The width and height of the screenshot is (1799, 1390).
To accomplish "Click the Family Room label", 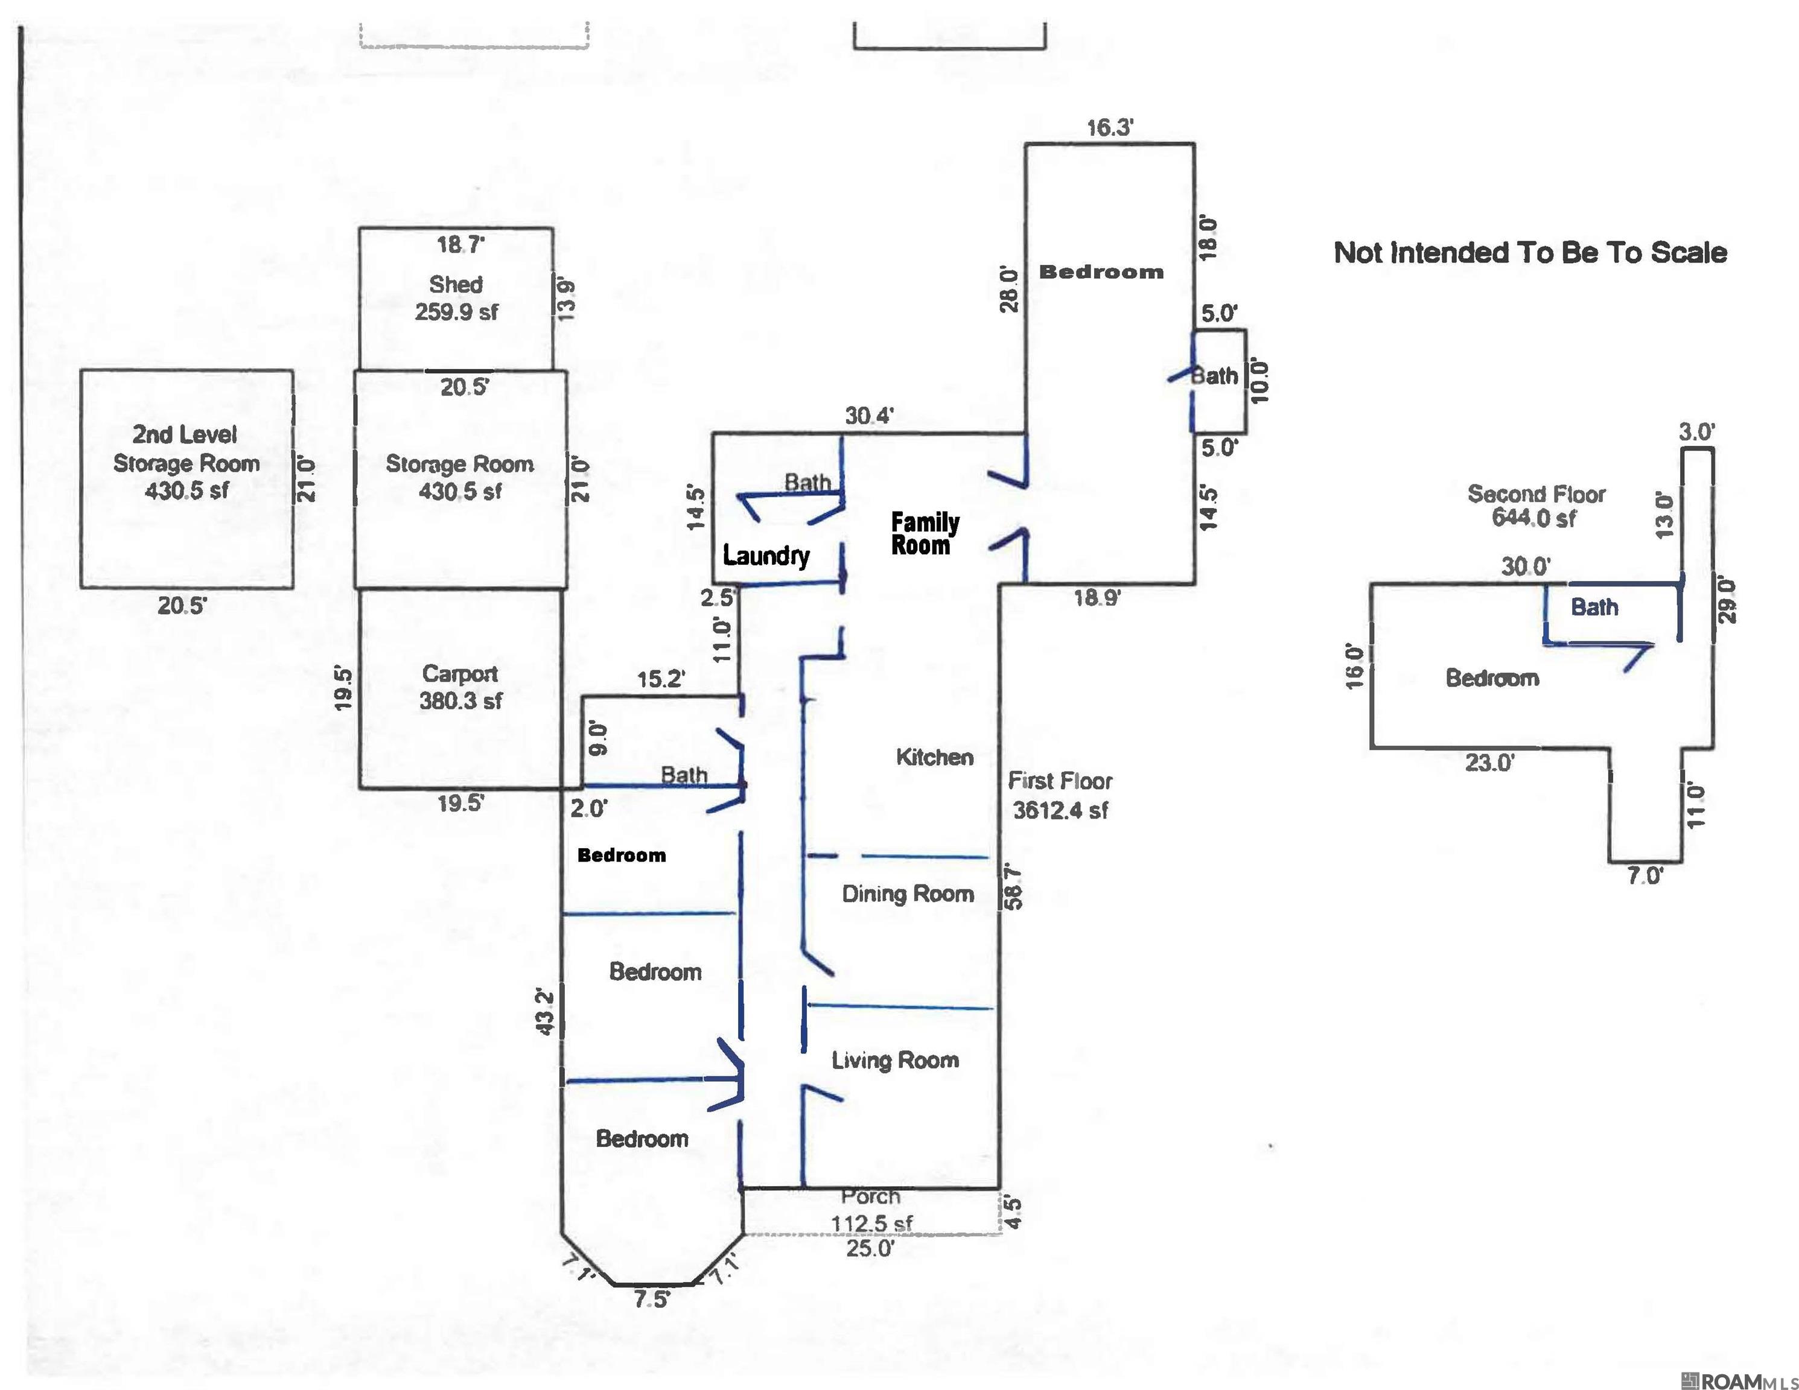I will click(925, 533).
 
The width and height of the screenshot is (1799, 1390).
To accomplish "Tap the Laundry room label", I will click(766, 556).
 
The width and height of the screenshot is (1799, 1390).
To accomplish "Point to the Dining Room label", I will click(908, 893).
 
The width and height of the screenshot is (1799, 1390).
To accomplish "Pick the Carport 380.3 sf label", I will click(460, 687).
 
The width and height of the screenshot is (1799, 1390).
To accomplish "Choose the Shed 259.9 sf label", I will click(456, 297).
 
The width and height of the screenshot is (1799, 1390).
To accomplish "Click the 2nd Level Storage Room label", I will click(186, 462).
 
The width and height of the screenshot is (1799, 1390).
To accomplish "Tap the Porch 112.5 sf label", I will click(871, 1210).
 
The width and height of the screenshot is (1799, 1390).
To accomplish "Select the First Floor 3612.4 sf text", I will click(1060, 795).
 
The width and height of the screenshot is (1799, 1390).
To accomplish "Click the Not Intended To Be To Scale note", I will click(1530, 252).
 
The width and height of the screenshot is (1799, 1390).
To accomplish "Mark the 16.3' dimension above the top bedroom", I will click(1110, 128).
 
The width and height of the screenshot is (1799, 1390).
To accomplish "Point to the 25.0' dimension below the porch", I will click(870, 1248).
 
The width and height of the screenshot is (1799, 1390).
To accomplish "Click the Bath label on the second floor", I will click(1594, 607).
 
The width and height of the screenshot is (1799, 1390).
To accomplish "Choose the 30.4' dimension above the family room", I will click(869, 416).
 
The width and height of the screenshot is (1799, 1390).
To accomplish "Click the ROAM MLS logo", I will click(1738, 1381).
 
